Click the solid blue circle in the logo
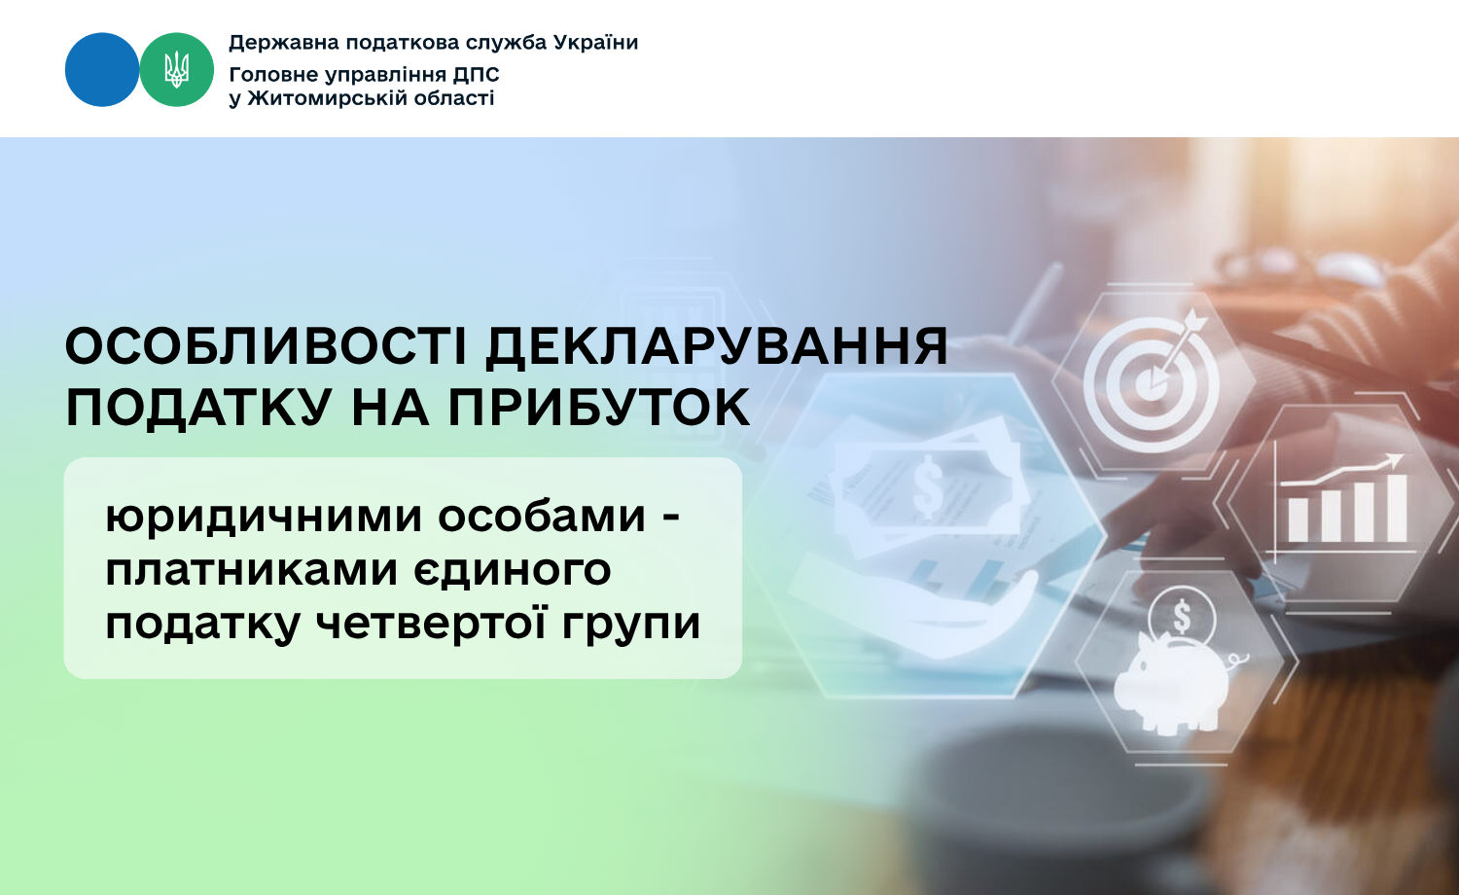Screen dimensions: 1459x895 point(102,70)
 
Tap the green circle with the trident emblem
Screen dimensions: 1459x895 point(176,70)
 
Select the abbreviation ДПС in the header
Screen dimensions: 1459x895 point(477,75)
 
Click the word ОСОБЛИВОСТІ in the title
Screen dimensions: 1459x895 point(266,346)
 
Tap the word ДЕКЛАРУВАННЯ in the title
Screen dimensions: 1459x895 point(717,348)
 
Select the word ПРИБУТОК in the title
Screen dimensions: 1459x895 point(598,409)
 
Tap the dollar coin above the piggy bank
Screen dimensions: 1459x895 point(1181,616)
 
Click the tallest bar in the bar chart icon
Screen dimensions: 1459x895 point(1397,508)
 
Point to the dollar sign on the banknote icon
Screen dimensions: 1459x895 point(928,486)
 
